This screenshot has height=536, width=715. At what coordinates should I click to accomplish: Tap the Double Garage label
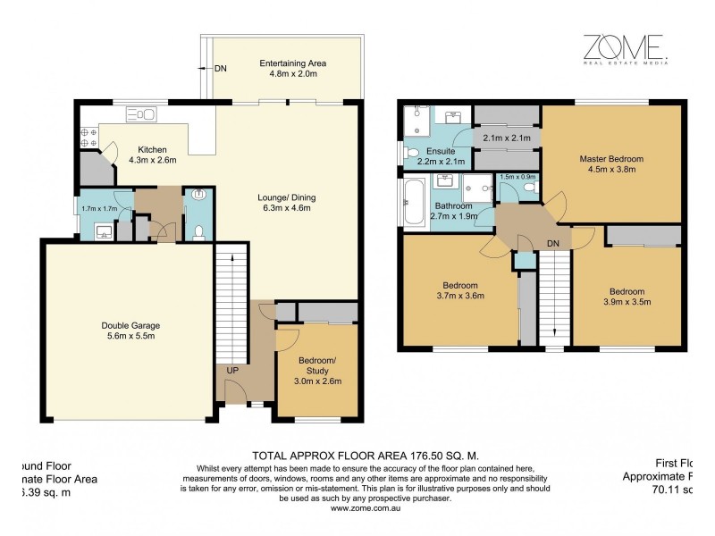tap(130, 325)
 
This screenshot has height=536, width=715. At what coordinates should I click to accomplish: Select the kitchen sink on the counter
tap(142, 114)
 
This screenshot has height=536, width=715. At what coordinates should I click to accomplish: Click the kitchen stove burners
tap(89, 137)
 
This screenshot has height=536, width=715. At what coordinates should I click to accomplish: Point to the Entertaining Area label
tap(292, 63)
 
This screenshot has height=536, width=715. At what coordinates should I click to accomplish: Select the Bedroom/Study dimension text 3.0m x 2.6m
tap(319, 381)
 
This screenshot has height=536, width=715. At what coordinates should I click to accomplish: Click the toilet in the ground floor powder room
tap(198, 232)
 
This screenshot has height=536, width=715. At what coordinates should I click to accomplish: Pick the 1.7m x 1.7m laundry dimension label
tap(100, 209)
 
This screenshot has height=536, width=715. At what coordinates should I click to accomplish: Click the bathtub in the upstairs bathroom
tap(415, 203)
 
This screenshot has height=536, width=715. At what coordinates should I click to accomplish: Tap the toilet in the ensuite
tap(411, 152)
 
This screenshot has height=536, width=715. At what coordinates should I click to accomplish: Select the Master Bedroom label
tap(611, 159)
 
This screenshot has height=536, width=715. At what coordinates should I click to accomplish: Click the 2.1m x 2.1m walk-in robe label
tap(506, 138)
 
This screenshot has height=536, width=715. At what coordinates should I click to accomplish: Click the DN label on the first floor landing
tap(553, 243)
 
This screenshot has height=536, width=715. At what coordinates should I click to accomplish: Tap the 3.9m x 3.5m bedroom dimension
tap(627, 302)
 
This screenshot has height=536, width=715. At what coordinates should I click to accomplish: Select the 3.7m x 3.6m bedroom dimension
tap(459, 296)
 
